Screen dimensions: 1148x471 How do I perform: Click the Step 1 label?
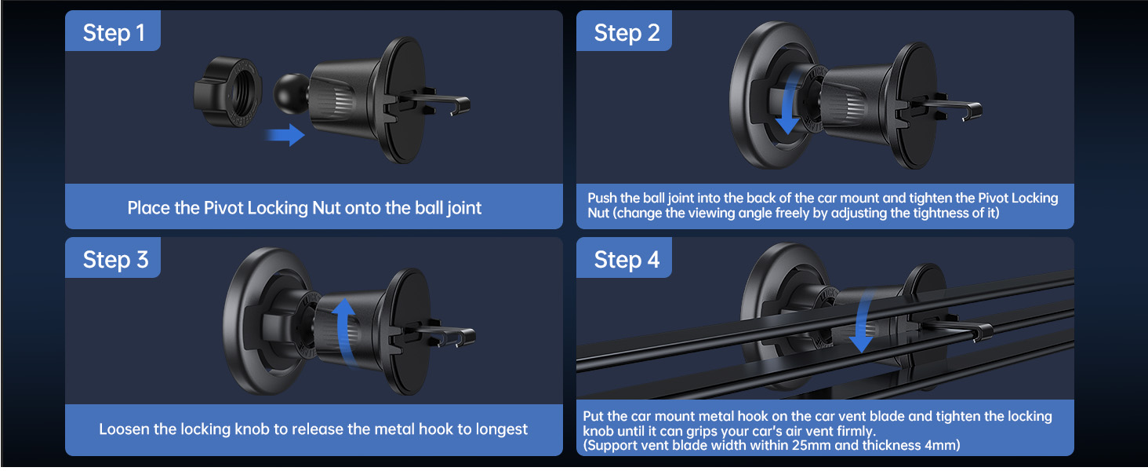[114, 33]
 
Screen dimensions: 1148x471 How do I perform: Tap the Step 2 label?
[627, 33]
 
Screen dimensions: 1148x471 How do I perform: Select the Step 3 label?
[115, 260]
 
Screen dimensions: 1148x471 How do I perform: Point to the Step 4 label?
[627, 260]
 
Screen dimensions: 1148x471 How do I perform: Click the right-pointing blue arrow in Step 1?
[285, 135]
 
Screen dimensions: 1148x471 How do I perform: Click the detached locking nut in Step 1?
[228, 92]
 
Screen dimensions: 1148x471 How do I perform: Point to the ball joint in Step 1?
[291, 93]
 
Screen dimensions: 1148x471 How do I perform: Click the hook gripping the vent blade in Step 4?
[982, 333]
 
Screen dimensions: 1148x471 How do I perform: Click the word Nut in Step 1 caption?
[326, 208]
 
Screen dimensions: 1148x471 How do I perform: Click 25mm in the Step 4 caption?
[812, 445]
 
